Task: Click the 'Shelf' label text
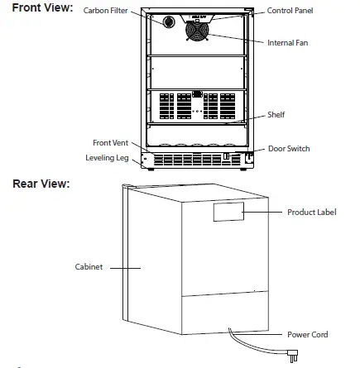pos(276,114)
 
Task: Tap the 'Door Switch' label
pos(289,148)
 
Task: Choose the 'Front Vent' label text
pos(110,143)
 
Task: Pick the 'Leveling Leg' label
pos(106,155)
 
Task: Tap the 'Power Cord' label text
pos(306,334)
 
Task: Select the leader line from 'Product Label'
pos(264,213)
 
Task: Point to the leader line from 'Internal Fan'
pos(240,39)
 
